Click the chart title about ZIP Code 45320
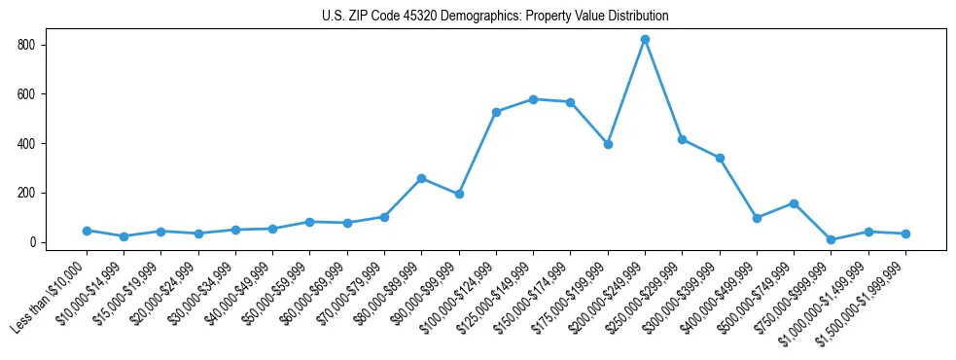(x=495, y=17)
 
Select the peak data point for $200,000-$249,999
(x=645, y=39)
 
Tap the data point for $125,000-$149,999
(x=533, y=99)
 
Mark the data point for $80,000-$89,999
(x=421, y=178)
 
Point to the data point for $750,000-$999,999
(x=831, y=239)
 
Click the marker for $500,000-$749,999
(x=794, y=203)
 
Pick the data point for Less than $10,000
(x=87, y=231)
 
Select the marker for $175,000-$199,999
(x=608, y=144)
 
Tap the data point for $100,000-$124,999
(x=496, y=112)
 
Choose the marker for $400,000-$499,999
(x=757, y=218)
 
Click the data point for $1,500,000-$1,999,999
(x=905, y=234)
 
